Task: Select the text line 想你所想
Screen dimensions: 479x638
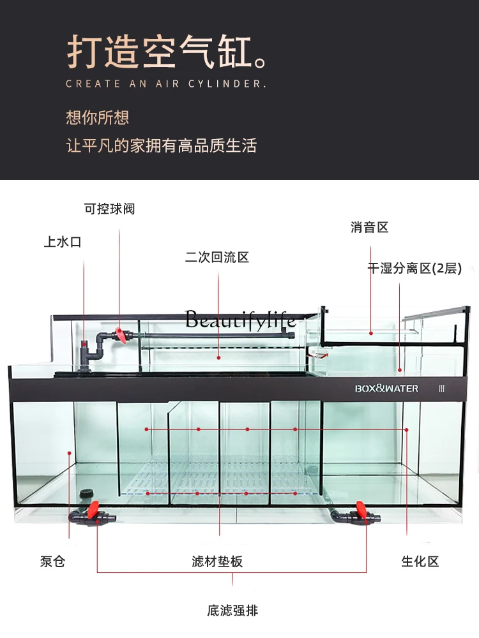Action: coord(98,117)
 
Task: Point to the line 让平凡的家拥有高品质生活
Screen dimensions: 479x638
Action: coord(162,145)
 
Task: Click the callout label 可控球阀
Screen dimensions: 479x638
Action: coord(110,209)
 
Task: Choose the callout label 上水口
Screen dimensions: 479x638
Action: coord(63,242)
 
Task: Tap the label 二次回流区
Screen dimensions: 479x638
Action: coord(217,257)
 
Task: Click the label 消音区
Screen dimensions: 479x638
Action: coord(369,227)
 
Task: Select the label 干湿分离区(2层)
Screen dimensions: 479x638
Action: coord(414,269)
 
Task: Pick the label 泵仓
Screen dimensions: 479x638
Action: coord(52,561)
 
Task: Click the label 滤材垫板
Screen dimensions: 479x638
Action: coord(217,561)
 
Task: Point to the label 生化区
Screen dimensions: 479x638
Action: coord(420,561)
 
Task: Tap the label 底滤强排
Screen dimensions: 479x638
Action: coord(232,611)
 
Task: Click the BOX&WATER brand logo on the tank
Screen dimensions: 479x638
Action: coord(386,388)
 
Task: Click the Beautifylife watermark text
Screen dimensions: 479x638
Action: coord(240,320)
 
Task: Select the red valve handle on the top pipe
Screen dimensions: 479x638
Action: coord(119,334)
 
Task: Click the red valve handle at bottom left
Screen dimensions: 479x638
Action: coord(94,508)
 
